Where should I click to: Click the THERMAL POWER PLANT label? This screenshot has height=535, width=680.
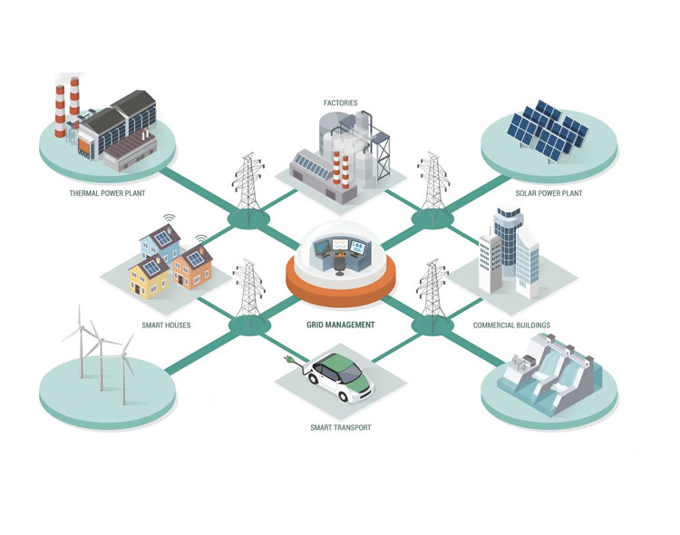[106, 193]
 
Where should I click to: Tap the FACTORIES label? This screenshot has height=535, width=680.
[340, 103]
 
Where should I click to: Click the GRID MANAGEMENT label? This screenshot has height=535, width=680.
[340, 325]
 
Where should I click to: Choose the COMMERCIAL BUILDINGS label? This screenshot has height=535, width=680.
[511, 325]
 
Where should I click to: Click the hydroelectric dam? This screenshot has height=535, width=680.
[554, 371]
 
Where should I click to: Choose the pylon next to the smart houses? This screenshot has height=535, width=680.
[248, 290]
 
